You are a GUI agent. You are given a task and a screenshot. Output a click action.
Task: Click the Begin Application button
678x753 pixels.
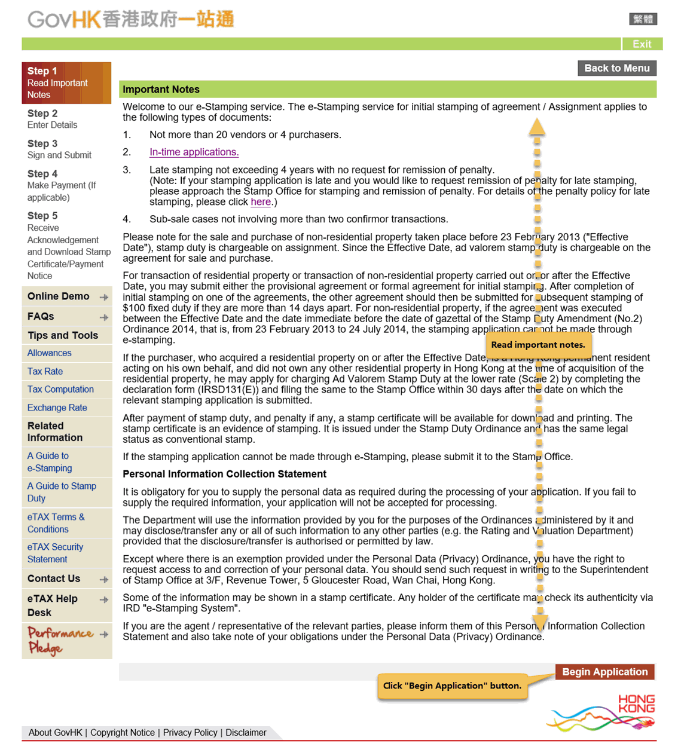point(604,672)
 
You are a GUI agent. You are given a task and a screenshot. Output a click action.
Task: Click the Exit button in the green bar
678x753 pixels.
point(642,44)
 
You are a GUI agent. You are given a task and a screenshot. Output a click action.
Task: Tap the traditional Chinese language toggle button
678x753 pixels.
point(643,19)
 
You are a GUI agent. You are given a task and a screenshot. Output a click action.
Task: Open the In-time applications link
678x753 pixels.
point(194,152)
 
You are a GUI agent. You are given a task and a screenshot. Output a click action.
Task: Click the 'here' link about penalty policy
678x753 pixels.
point(261,202)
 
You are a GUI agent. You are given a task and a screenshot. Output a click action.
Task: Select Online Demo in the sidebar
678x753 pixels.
point(59,296)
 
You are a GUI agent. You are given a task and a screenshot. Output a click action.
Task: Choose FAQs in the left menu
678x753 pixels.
point(41,317)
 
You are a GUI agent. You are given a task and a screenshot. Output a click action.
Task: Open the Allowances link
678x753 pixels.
point(50,353)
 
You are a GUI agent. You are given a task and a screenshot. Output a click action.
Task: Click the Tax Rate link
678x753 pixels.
point(45,372)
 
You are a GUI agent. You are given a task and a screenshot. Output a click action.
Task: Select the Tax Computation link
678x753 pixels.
point(60,390)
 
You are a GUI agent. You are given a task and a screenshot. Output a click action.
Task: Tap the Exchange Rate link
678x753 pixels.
point(57,408)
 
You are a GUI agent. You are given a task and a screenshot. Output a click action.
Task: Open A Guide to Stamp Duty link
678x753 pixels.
point(62,492)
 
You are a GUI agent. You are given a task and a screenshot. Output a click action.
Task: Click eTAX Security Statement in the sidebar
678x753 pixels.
point(55,553)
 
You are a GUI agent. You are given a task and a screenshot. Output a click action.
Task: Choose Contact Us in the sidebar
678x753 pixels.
point(54,578)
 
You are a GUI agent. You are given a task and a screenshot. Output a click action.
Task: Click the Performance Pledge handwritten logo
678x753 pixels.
point(60,641)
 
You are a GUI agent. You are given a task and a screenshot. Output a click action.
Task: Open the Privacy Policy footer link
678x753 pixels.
point(190,733)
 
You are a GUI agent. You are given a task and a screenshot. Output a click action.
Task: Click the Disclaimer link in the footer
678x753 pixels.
point(246,733)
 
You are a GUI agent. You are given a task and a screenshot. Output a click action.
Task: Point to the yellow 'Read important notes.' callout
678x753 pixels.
point(538,345)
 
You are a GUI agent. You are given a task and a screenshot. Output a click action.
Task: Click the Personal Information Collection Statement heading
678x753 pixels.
point(224,475)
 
